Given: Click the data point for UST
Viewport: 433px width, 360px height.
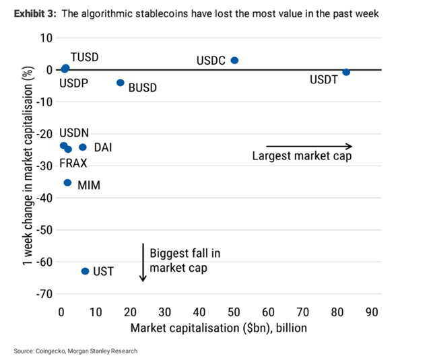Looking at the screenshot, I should pos(85,271).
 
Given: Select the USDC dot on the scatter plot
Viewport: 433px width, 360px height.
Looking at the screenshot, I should pos(234,60).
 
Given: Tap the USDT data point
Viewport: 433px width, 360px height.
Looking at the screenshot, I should pos(346,72).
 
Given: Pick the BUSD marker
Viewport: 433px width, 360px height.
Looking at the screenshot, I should pos(121,83).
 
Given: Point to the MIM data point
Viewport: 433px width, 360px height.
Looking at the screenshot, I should pos(67,182).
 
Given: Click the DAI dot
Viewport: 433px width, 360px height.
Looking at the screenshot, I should pos(83,147).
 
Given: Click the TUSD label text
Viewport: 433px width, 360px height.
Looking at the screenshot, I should pos(84,57).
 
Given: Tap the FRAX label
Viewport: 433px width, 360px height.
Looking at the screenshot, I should pos(73,164).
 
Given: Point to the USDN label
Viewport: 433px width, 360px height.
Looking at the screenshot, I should pos(74,133).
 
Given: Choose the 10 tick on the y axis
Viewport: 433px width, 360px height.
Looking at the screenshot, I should pos(46,38).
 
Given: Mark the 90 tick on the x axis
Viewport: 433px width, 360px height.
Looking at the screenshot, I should pos(372,312).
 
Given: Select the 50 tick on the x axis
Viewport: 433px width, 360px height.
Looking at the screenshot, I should pos(234,312).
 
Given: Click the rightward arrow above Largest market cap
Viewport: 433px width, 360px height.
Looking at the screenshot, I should pos(309,146).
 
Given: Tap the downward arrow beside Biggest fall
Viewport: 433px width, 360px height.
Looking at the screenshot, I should pos(143,262).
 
